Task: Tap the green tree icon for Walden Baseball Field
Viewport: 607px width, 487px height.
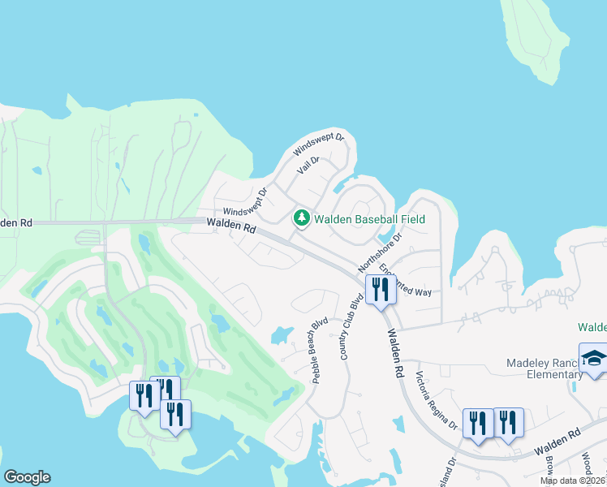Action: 302,218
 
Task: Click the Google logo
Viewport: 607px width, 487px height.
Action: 27,477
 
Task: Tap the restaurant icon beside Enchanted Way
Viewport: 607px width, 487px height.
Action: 380,290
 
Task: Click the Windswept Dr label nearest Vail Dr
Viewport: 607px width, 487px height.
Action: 319,144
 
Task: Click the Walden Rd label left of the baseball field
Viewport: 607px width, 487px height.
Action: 231,226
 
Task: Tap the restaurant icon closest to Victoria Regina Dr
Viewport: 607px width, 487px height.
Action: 477,423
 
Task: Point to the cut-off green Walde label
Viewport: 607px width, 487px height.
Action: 592,327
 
